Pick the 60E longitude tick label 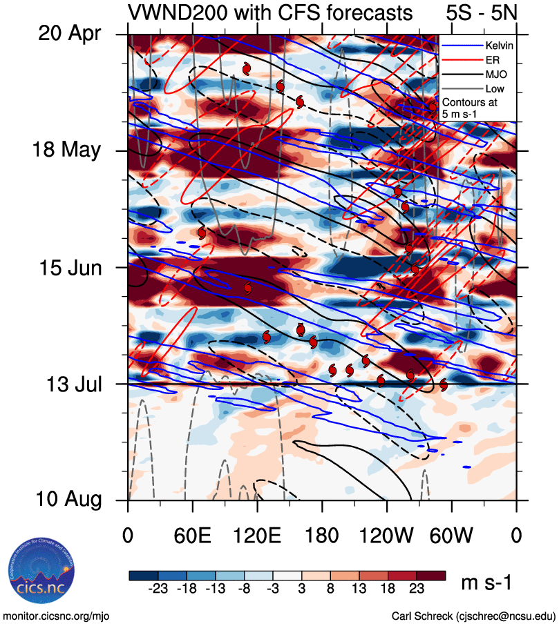[x=192, y=535]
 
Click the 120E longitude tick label [x=257, y=535]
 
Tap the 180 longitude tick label [x=322, y=535]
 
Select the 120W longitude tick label [x=387, y=535]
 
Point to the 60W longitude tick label [x=452, y=535]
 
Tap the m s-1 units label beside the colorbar [x=486, y=583]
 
